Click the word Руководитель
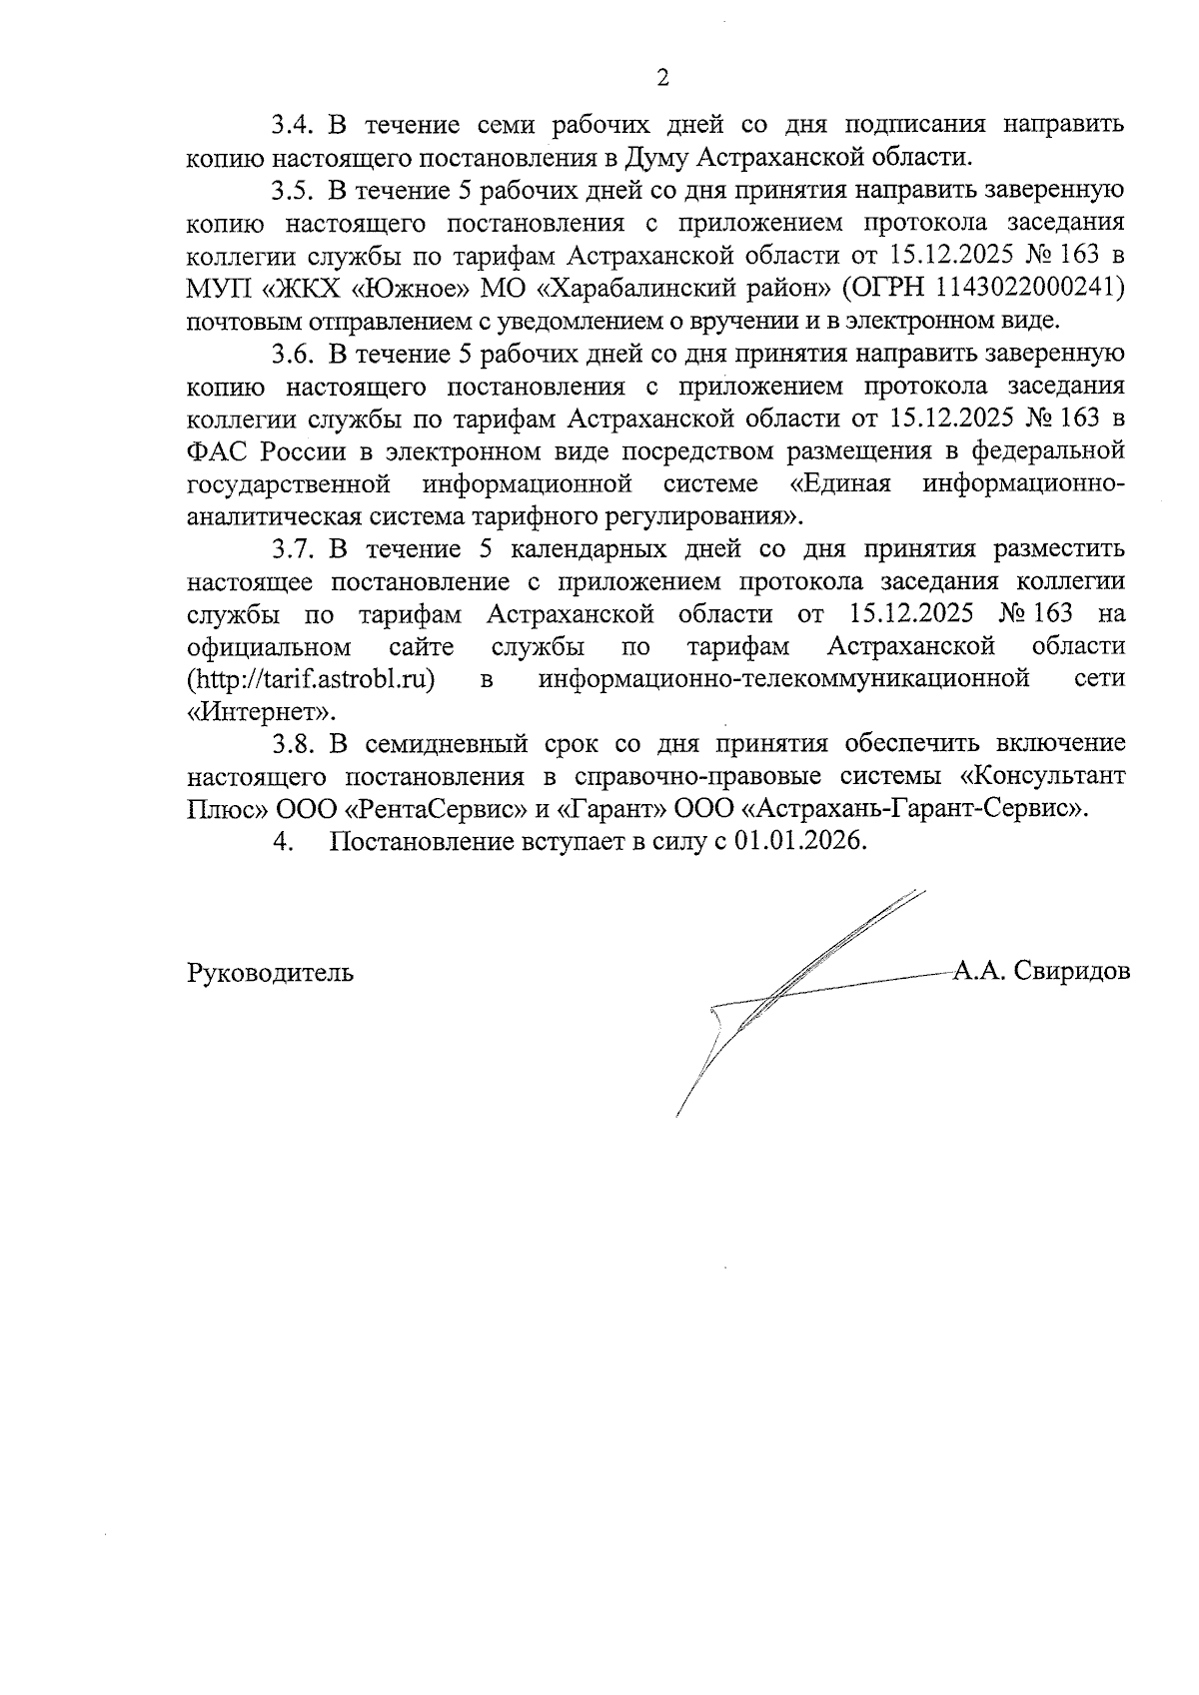270,972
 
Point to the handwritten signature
789,989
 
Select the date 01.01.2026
798,841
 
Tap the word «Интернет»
260,712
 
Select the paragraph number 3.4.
293,126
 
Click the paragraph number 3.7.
293,549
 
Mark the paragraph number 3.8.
293,744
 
